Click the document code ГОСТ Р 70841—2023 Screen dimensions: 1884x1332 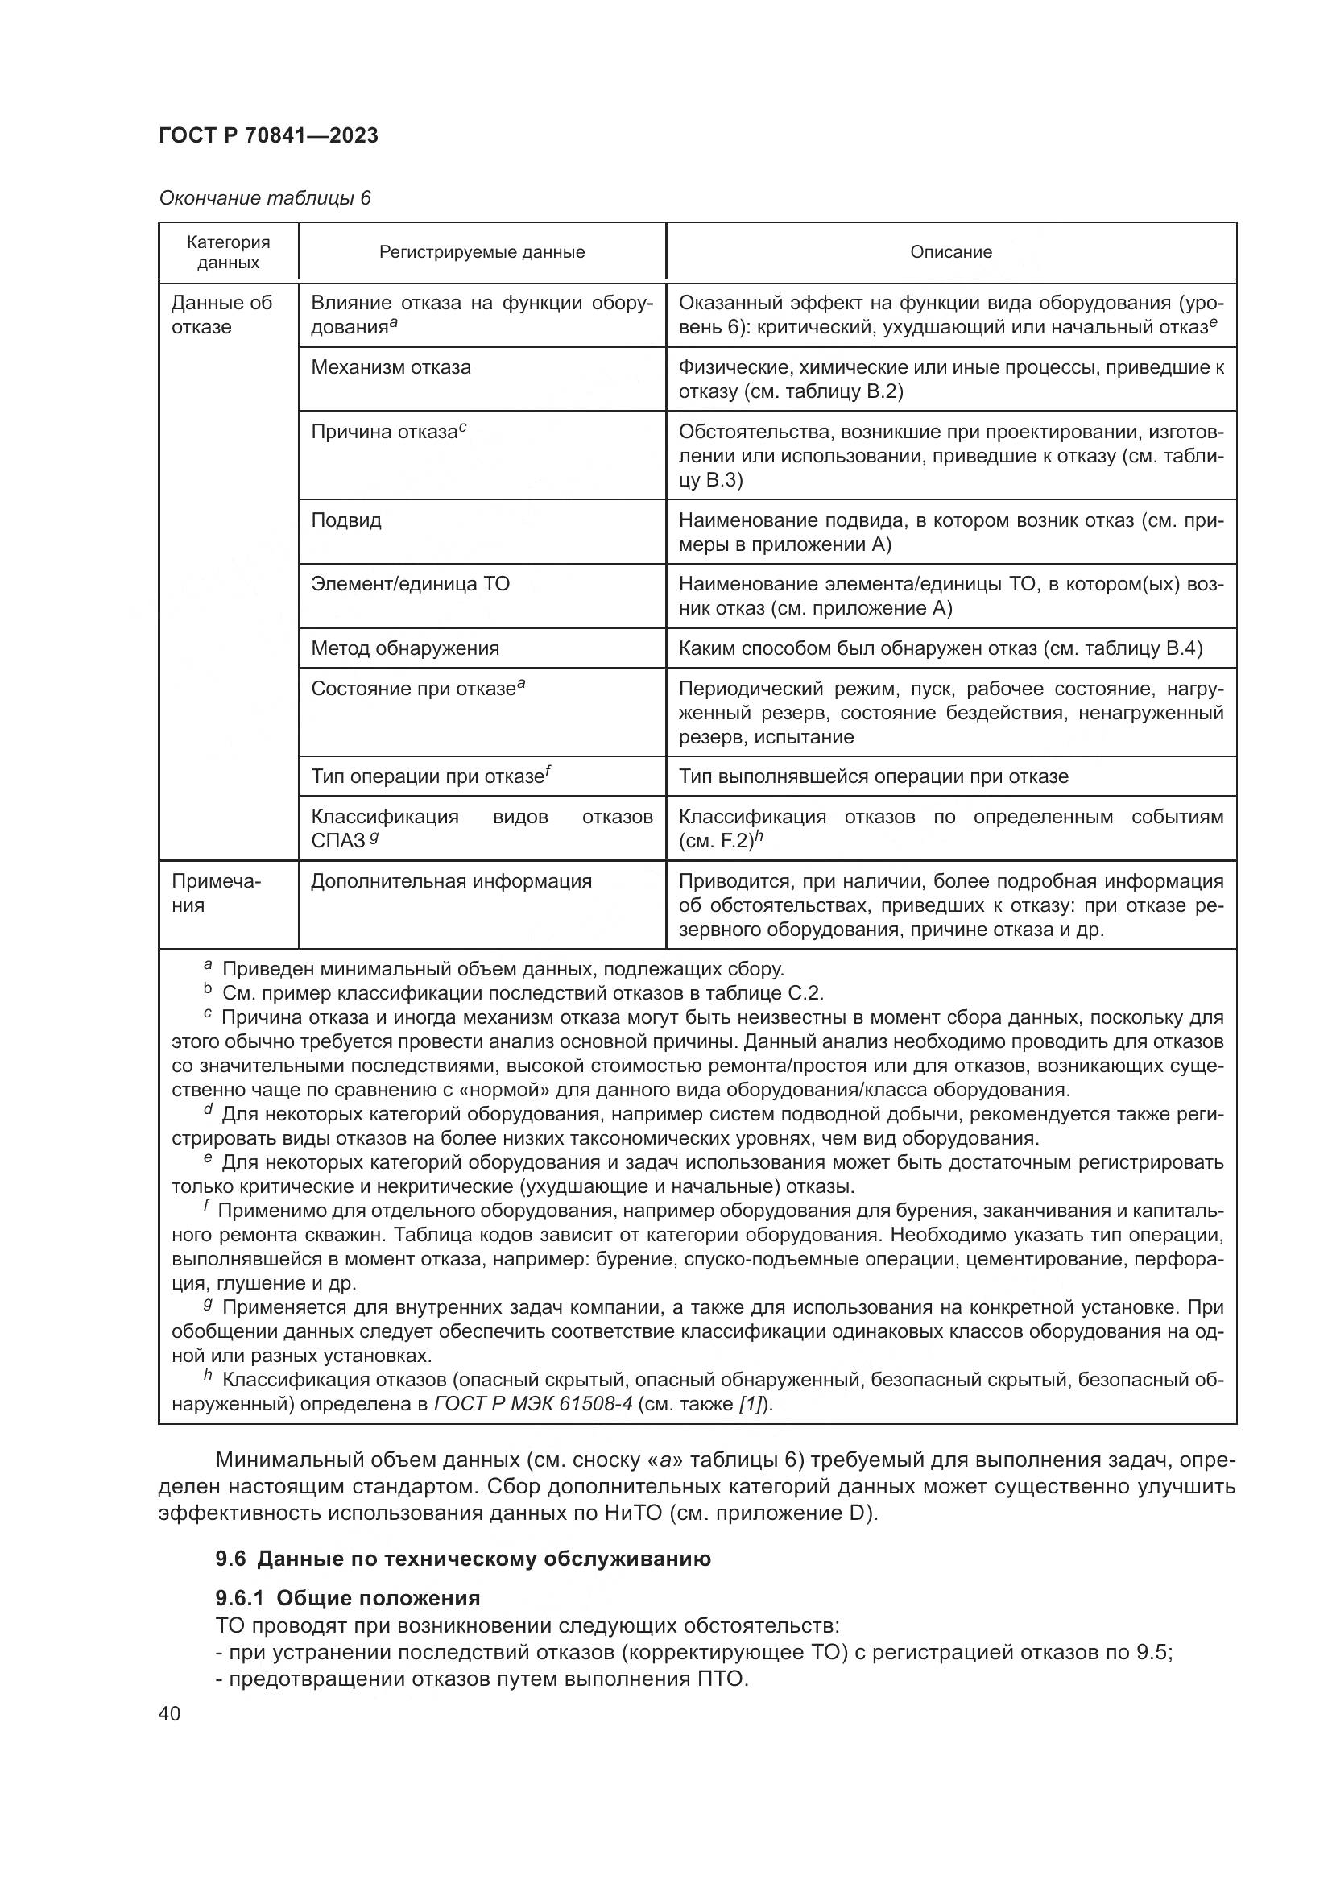pyautogui.click(x=268, y=136)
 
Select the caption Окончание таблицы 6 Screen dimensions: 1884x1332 pyautogui.click(x=265, y=199)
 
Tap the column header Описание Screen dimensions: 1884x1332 pyautogui.click(x=950, y=252)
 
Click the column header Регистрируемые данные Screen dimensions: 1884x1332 pyautogui.click(x=482, y=252)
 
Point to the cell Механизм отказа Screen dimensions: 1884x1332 pyautogui.click(x=391, y=367)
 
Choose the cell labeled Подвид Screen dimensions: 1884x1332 pyautogui.click(x=346, y=520)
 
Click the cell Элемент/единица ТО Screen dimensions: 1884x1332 pyautogui.click(x=410, y=584)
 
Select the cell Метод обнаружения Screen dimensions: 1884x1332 pyautogui.click(x=404, y=648)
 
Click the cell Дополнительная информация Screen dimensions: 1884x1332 pyautogui.click(x=451, y=881)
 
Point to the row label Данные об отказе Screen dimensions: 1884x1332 pyautogui.click(x=221, y=315)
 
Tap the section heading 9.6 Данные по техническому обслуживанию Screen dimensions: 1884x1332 pyautogui.click(x=462, y=1559)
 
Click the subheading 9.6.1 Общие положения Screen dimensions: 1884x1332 pyautogui.click(x=348, y=1598)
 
